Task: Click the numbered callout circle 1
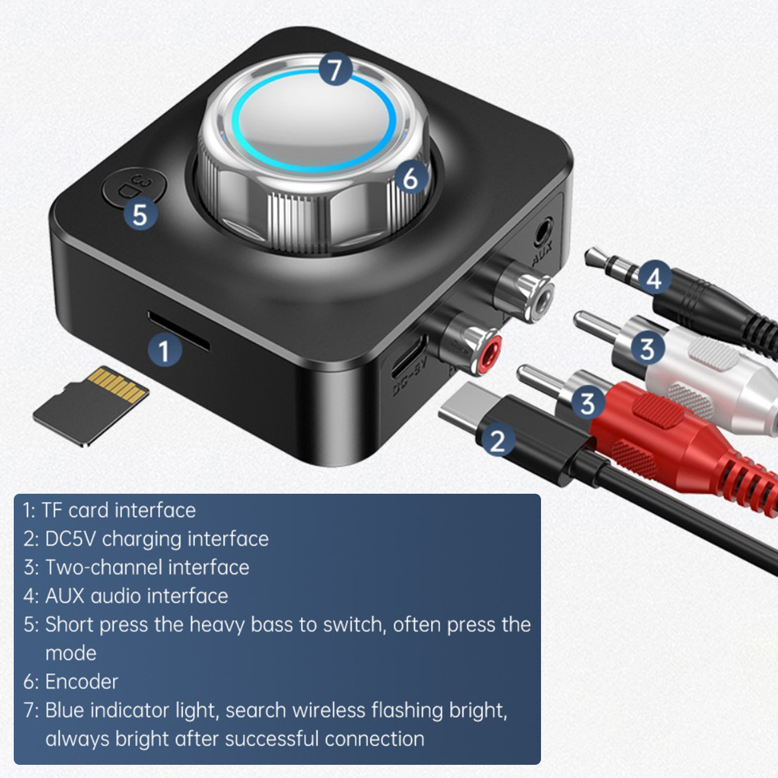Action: [164, 351]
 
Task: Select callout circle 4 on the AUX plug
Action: [654, 278]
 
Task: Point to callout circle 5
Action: [139, 214]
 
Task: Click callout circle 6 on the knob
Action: [410, 178]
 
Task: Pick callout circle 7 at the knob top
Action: [335, 69]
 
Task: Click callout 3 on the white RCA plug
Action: [647, 348]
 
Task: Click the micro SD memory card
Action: [91, 406]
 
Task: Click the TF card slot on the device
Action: [178, 331]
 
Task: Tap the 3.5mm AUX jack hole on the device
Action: [542, 231]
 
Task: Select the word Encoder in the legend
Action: [81, 682]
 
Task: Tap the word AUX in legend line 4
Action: [64, 595]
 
